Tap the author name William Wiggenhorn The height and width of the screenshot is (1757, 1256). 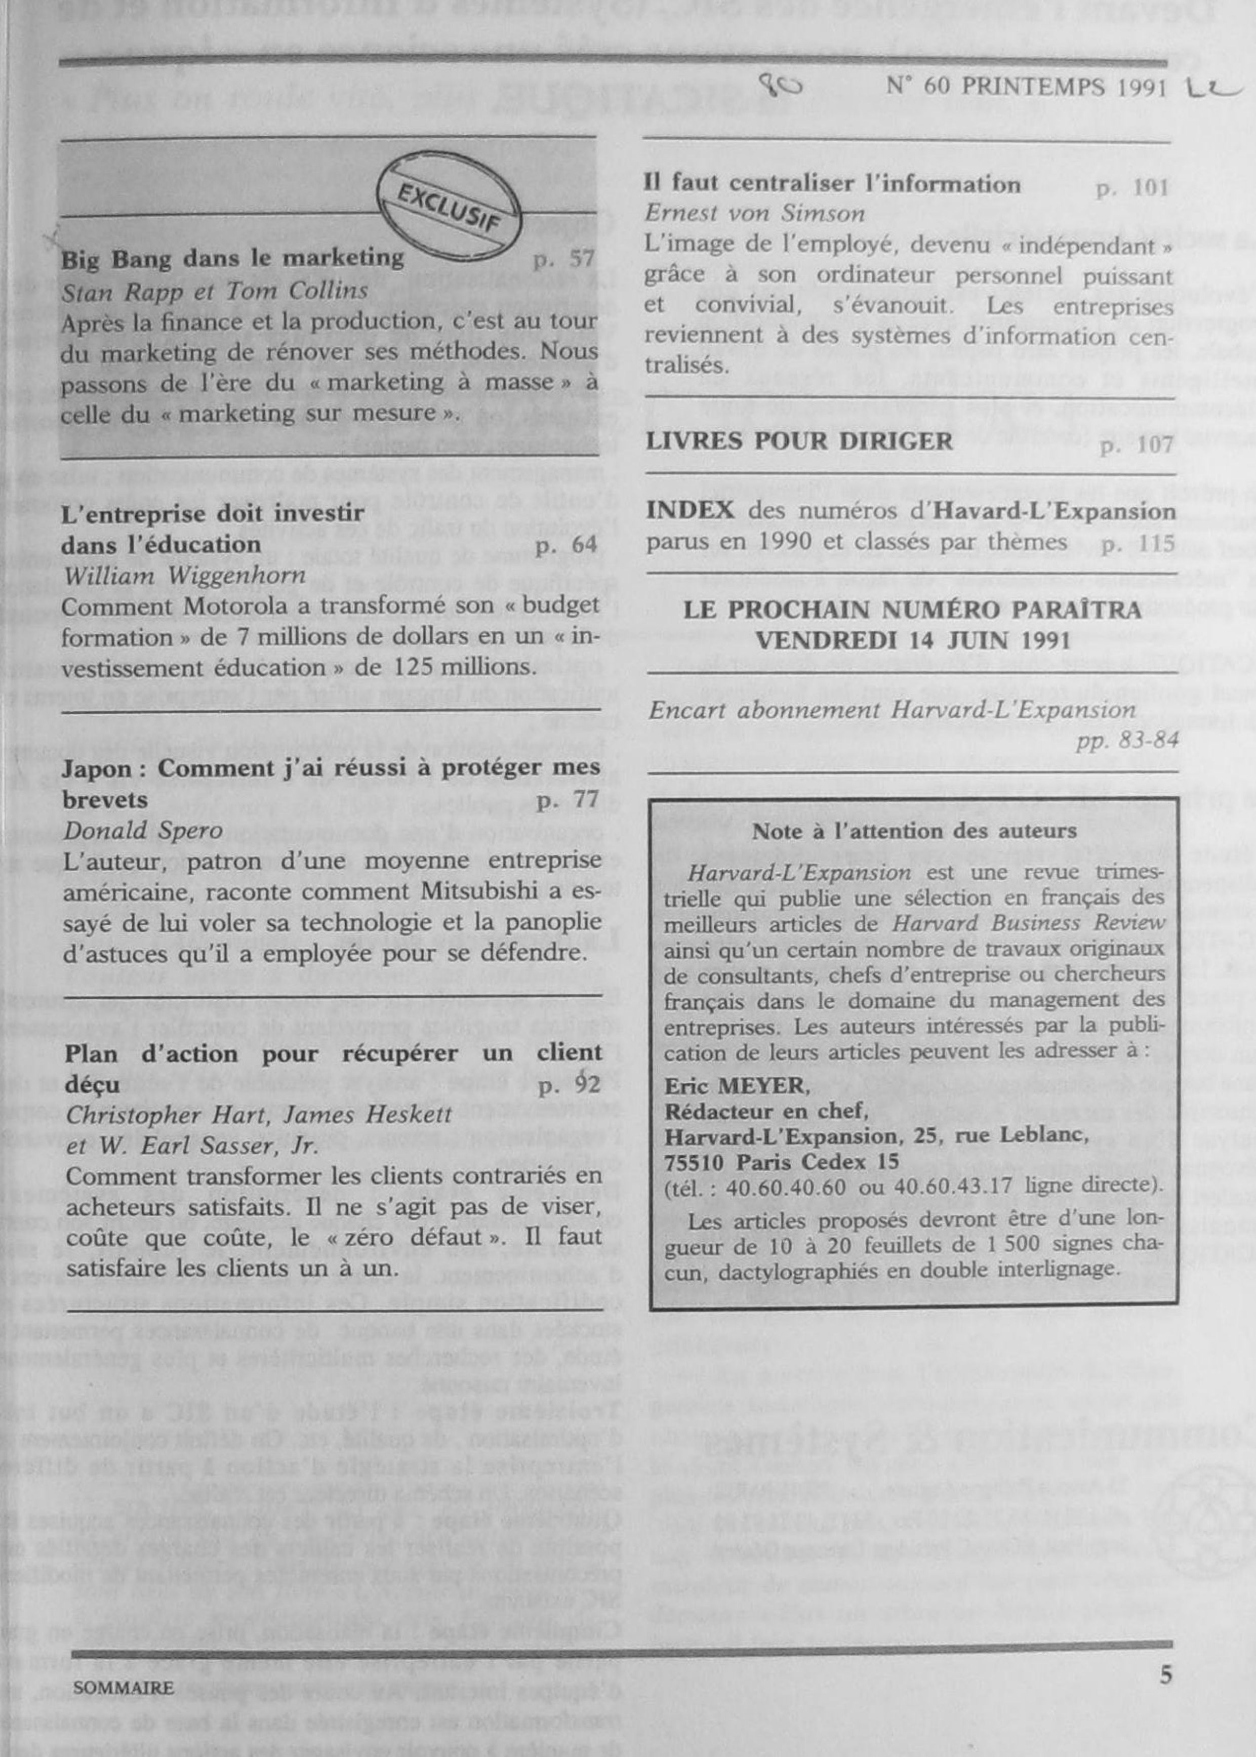[x=184, y=576]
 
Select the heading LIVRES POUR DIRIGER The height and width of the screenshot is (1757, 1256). [x=799, y=441]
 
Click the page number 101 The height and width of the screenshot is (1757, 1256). [x=1131, y=188]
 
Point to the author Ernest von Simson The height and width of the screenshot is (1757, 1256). [x=755, y=214]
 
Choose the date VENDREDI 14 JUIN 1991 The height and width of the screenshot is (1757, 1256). [x=913, y=641]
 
